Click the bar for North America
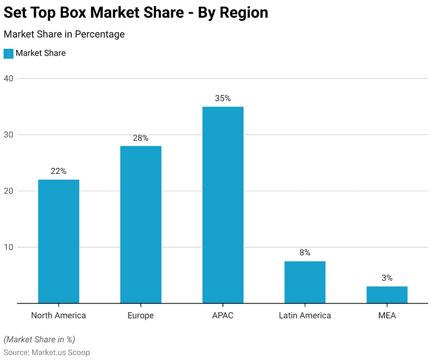(x=58, y=241)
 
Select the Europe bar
(x=140, y=224)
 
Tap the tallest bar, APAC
(x=223, y=205)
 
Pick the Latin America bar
(x=305, y=282)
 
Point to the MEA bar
(x=387, y=294)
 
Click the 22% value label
(x=58, y=171)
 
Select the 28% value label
(x=140, y=137)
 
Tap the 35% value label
(x=223, y=98)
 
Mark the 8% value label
(x=305, y=252)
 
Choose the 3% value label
(x=387, y=278)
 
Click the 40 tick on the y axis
(x=8, y=78)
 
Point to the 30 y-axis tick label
(x=8, y=135)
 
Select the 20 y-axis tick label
(x=8, y=191)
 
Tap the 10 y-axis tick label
(x=8, y=247)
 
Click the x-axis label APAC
(x=223, y=315)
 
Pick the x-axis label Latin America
(x=305, y=315)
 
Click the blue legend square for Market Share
(x=8, y=53)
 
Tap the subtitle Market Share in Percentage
(x=64, y=34)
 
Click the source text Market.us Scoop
(x=62, y=352)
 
